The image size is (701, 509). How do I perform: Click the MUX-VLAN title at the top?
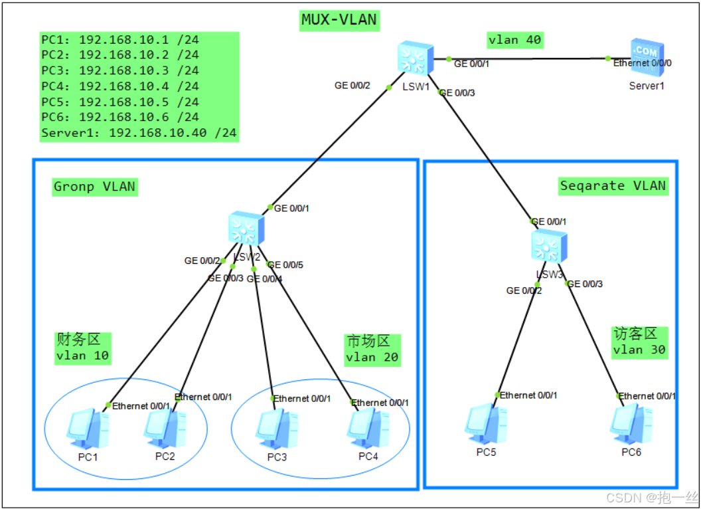tap(339, 21)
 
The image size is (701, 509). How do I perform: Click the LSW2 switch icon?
tap(246, 230)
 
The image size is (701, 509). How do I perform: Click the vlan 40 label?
tap(514, 40)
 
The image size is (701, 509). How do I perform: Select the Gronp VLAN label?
tap(94, 187)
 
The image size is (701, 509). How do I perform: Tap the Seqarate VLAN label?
tap(612, 185)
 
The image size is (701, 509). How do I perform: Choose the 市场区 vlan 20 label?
tap(372, 350)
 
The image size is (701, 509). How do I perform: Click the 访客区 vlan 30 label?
tap(639, 342)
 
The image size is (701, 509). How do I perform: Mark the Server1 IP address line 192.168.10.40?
tap(138, 133)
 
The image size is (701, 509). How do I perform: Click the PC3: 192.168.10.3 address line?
tap(119, 70)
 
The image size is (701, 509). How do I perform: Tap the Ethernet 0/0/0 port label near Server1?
tap(642, 62)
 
